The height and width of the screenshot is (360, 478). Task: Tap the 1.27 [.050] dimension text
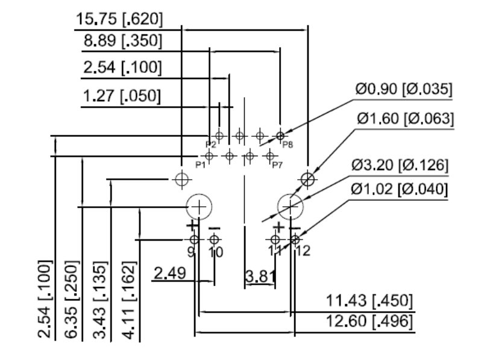121,96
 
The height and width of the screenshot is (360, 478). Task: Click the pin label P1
200,164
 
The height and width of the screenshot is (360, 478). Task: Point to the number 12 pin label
303,251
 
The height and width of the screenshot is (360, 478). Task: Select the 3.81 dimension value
260,277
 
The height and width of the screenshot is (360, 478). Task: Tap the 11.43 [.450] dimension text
370,301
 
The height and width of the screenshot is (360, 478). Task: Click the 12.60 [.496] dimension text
370,321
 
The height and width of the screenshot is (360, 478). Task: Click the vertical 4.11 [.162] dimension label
128,300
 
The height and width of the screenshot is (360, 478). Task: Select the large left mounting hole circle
197,207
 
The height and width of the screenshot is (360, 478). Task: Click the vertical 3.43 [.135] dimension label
101,300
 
